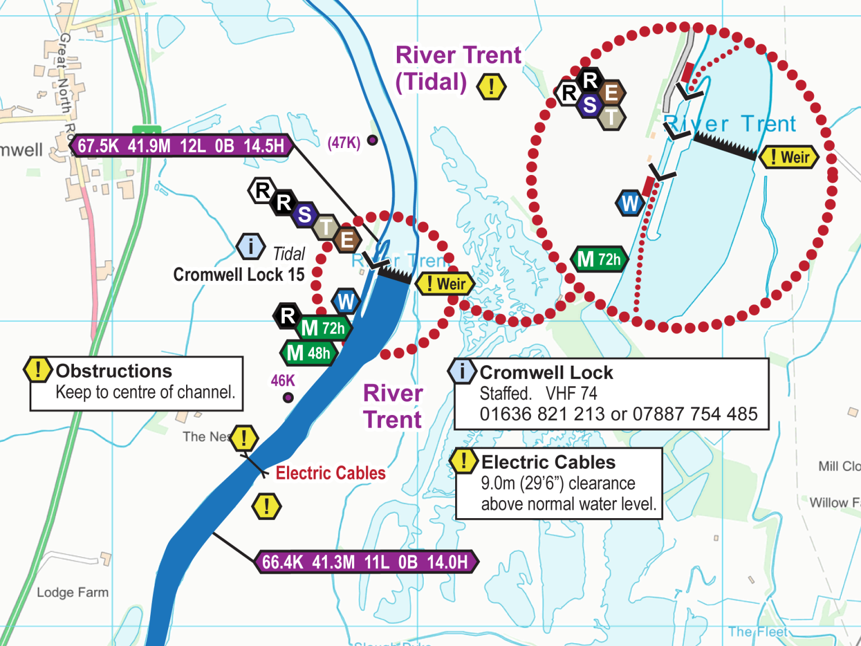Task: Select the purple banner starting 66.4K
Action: [x=365, y=562]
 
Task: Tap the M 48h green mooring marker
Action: [x=309, y=353]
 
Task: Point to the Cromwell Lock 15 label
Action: [x=239, y=275]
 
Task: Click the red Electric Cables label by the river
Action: [x=331, y=473]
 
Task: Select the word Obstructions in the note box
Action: [x=114, y=371]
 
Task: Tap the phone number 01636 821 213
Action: [x=541, y=414]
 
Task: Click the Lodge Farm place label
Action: [x=73, y=592]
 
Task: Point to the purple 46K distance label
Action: [x=283, y=381]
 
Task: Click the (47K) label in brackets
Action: [x=344, y=143]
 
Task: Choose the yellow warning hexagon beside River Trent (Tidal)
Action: [x=491, y=87]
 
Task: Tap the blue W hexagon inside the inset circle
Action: [x=629, y=204]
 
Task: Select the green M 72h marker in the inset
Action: [x=599, y=259]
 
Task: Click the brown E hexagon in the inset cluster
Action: [x=611, y=93]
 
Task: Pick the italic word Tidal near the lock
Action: [x=289, y=254]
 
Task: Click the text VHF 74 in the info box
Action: [x=571, y=393]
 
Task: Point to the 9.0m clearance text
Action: [x=558, y=483]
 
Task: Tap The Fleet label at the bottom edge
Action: [x=758, y=632]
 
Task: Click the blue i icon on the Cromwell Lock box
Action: [x=462, y=371]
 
